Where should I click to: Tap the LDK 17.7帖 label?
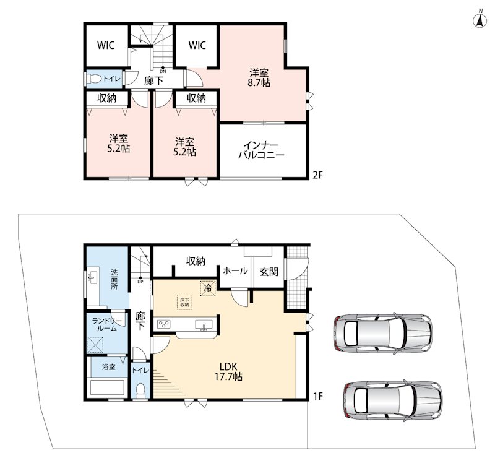[x=228, y=371]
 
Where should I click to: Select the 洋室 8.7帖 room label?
[x=259, y=78]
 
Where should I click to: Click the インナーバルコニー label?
[x=261, y=150]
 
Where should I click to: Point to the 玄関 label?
[x=269, y=272]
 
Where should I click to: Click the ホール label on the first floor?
[x=235, y=270]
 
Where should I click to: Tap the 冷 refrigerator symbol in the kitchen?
[x=208, y=288]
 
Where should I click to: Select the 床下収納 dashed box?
[x=184, y=303]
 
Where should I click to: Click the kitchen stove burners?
[x=164, y=324]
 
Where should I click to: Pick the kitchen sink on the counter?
[x=204, y=325]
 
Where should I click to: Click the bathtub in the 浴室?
[x=107, y=387]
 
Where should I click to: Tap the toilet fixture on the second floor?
[x=94, y=78]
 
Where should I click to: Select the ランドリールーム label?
[x=106, y=325]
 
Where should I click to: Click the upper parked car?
[x=382, y=333]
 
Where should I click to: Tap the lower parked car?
[x=393, y=400]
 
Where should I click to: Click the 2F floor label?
[x=317, y=175]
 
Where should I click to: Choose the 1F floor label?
[x=318, y=396]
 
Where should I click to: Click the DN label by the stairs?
[x=163, y=71]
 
